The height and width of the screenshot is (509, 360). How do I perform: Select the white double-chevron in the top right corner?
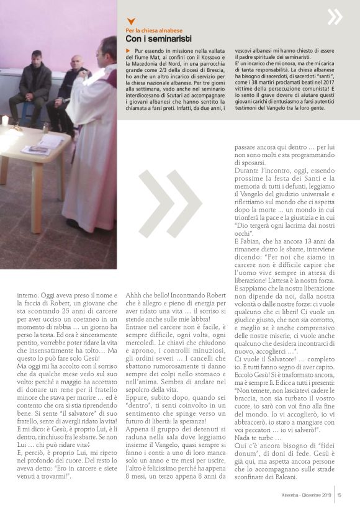click(x=335, y=16)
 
